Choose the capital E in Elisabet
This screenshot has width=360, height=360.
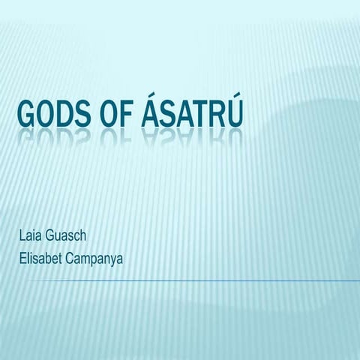point(22,259)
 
